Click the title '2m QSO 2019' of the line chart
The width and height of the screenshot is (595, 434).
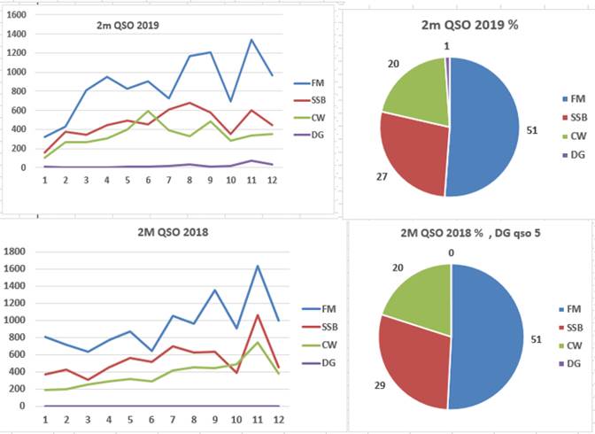[127, 26]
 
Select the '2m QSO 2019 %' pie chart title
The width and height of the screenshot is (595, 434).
[470, 25]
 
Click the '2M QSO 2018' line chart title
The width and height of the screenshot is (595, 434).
[173, 232]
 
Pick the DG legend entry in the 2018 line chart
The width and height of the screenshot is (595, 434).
[319, 363]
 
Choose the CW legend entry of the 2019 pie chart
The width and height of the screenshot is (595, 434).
[575, 136]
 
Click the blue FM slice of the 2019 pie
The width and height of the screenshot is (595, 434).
[483, 128]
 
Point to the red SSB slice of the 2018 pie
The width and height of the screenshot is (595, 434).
[413, 360]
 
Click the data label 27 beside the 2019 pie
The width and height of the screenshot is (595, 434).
[382, 176]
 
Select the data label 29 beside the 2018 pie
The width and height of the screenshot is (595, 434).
[380, 385]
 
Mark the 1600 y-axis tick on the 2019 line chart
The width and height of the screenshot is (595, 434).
[17, 15]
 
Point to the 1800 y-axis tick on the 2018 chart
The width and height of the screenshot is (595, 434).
[14, 252]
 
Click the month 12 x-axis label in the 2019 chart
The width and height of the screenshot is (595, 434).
[272, 180]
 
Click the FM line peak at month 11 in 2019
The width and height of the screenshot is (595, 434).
[251, 40]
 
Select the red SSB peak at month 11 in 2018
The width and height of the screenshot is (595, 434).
[258, 314]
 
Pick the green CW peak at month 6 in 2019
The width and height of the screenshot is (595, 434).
[148, 111]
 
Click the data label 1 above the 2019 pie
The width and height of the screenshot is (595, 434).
[446, 46]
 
